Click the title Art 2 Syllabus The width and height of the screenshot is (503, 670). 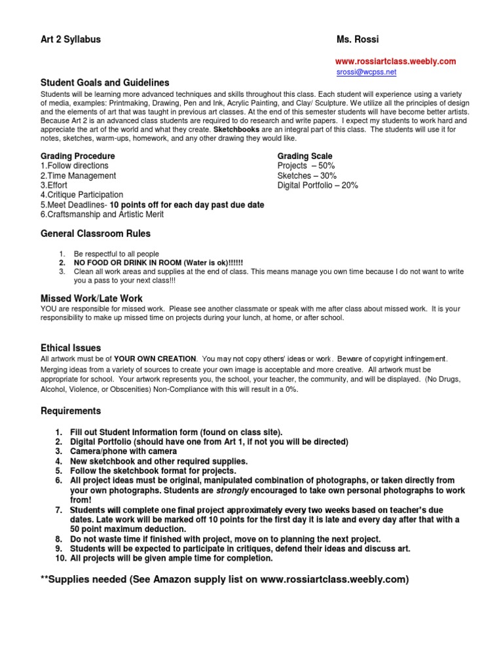tap(71, 39)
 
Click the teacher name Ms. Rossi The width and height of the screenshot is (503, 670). tap(357, 39)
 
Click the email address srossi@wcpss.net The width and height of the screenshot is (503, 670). tap(365, 72)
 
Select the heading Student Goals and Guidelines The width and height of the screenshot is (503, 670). tap(105, 83)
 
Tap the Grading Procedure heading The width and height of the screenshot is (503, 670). tap(78, 156)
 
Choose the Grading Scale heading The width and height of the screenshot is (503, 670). tap(305, 156)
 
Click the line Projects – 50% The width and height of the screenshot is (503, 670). tap(306, 166)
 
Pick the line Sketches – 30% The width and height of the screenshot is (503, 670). tap(307, 176)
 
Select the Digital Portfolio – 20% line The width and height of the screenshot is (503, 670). tap(318, 186)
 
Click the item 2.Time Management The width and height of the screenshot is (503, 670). tap(79, 176)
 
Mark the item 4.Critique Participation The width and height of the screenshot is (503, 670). tap(82, 195)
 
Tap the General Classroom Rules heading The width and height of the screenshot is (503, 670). tap(96, 234)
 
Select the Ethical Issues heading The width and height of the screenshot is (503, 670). tap(71, 348)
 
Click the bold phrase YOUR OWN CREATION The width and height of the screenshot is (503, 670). tap(155, 359)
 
